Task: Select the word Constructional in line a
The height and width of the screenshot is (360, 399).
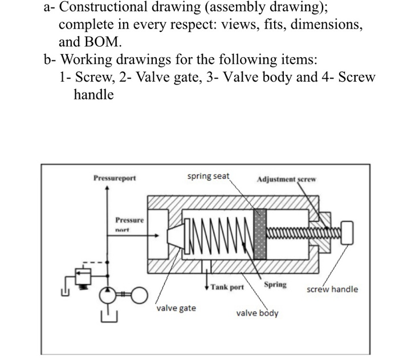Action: click(104, 9)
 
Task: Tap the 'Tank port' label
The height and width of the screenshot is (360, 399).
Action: click(226, 287)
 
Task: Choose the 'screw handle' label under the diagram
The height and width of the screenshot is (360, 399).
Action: click(332, 289)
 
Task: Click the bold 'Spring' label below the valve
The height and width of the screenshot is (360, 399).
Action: click(275, 284)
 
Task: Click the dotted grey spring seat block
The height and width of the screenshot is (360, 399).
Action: click(260, 234)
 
